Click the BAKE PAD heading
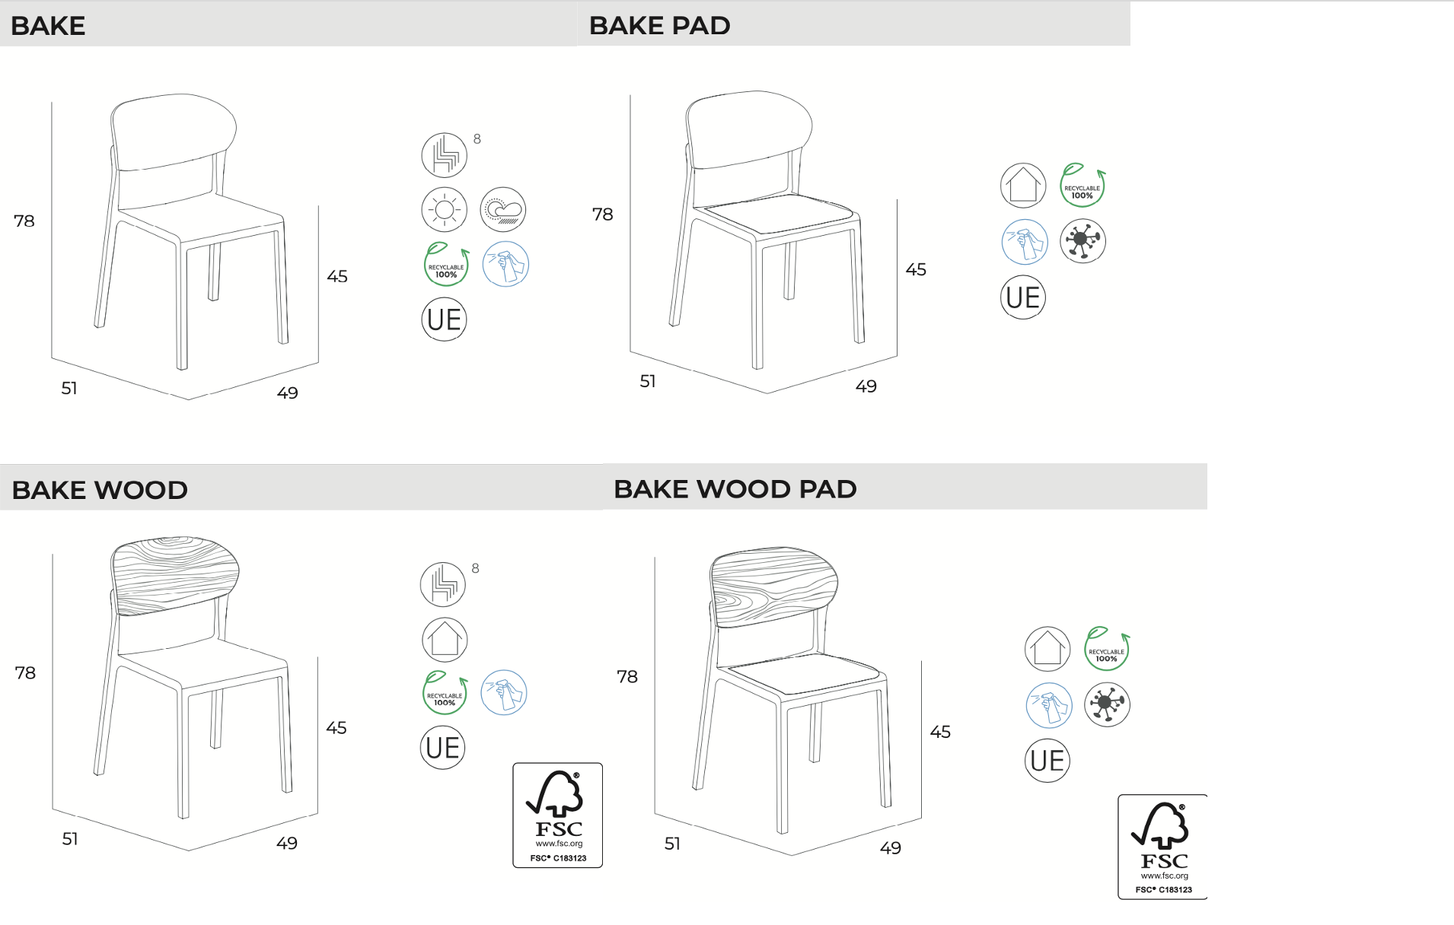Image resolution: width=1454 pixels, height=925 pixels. pos(659,26)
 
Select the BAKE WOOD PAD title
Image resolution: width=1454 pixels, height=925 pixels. pos(735,489)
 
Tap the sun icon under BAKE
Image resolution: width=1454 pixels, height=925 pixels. pos(445,209)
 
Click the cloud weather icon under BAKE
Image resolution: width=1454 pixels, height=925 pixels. pos(503,209)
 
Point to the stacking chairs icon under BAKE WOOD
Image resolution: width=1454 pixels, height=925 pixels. pos(443,584)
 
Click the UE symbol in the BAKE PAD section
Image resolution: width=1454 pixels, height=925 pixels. pos(1022,297)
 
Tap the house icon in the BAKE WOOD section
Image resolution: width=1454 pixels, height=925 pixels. pos(445,639)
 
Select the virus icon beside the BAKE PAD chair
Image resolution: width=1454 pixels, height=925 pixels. pos(1083,241)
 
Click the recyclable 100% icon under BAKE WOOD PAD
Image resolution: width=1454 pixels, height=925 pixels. pos(1107,649)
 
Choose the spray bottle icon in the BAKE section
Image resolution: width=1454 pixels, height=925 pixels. pos(505,264)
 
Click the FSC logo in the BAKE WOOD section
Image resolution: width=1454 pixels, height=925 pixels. pos(557,815)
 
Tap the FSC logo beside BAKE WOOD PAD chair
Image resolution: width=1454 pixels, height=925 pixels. pos(1162,847)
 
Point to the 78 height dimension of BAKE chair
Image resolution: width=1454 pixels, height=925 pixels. pos(24,221)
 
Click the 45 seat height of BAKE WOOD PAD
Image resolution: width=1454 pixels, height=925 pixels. pos(940,732)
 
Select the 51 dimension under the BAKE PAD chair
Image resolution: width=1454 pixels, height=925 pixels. pos(648,382)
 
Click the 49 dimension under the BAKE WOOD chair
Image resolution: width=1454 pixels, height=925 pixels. pos(287,844)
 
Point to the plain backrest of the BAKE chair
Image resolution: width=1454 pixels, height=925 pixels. pos(174,130)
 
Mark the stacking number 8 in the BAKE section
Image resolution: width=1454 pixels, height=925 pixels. pos(477,139)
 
